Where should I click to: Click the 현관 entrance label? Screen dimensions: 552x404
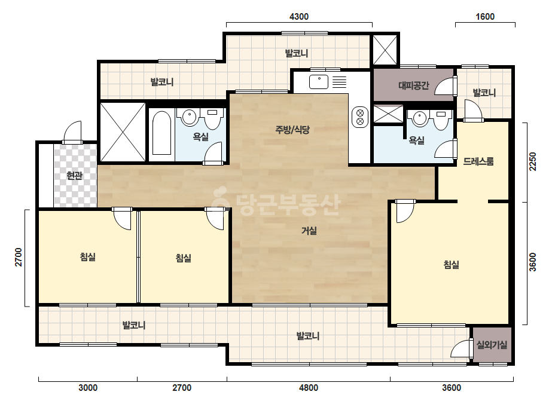point(74,175)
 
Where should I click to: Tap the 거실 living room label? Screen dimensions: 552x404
point(309,231)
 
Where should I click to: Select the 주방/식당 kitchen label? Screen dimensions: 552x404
point(292,130)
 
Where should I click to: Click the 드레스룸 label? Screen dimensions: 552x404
point(478,161)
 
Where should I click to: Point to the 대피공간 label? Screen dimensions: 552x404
point(414,85)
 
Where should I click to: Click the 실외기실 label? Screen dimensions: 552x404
point(492,344)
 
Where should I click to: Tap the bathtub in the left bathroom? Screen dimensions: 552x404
point(162,133)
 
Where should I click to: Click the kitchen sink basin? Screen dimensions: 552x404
point(319,82)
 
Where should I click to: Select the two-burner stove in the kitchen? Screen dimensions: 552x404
point(360,117)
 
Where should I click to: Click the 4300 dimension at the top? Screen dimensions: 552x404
point(299,17)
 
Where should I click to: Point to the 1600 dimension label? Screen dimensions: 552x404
point(485,17)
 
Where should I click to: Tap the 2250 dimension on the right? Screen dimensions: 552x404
point(533,161)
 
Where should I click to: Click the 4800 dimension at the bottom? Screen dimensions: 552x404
point(309,388)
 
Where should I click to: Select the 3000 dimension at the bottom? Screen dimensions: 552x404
point(88,388)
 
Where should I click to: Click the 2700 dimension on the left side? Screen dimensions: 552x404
point(19,257)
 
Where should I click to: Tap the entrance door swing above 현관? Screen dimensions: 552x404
point(72,131)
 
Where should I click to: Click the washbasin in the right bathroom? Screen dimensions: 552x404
point(420,118)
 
